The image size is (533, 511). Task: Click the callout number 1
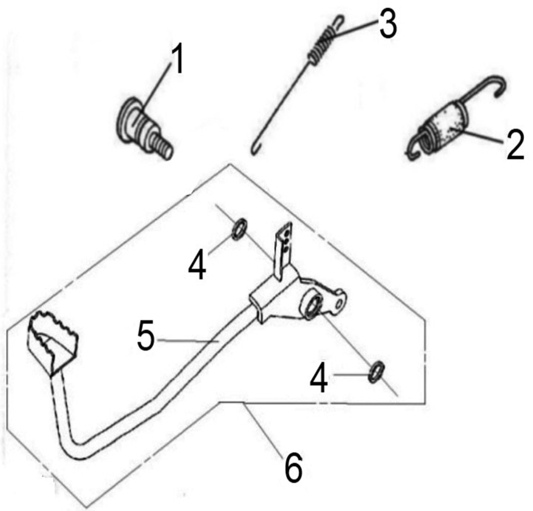click(x=177, y=58)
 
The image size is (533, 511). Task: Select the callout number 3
click(x=388, y=24)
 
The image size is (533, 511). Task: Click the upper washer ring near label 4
click(x=239, y=229)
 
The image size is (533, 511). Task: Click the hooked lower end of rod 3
click(x=255, y=149)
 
